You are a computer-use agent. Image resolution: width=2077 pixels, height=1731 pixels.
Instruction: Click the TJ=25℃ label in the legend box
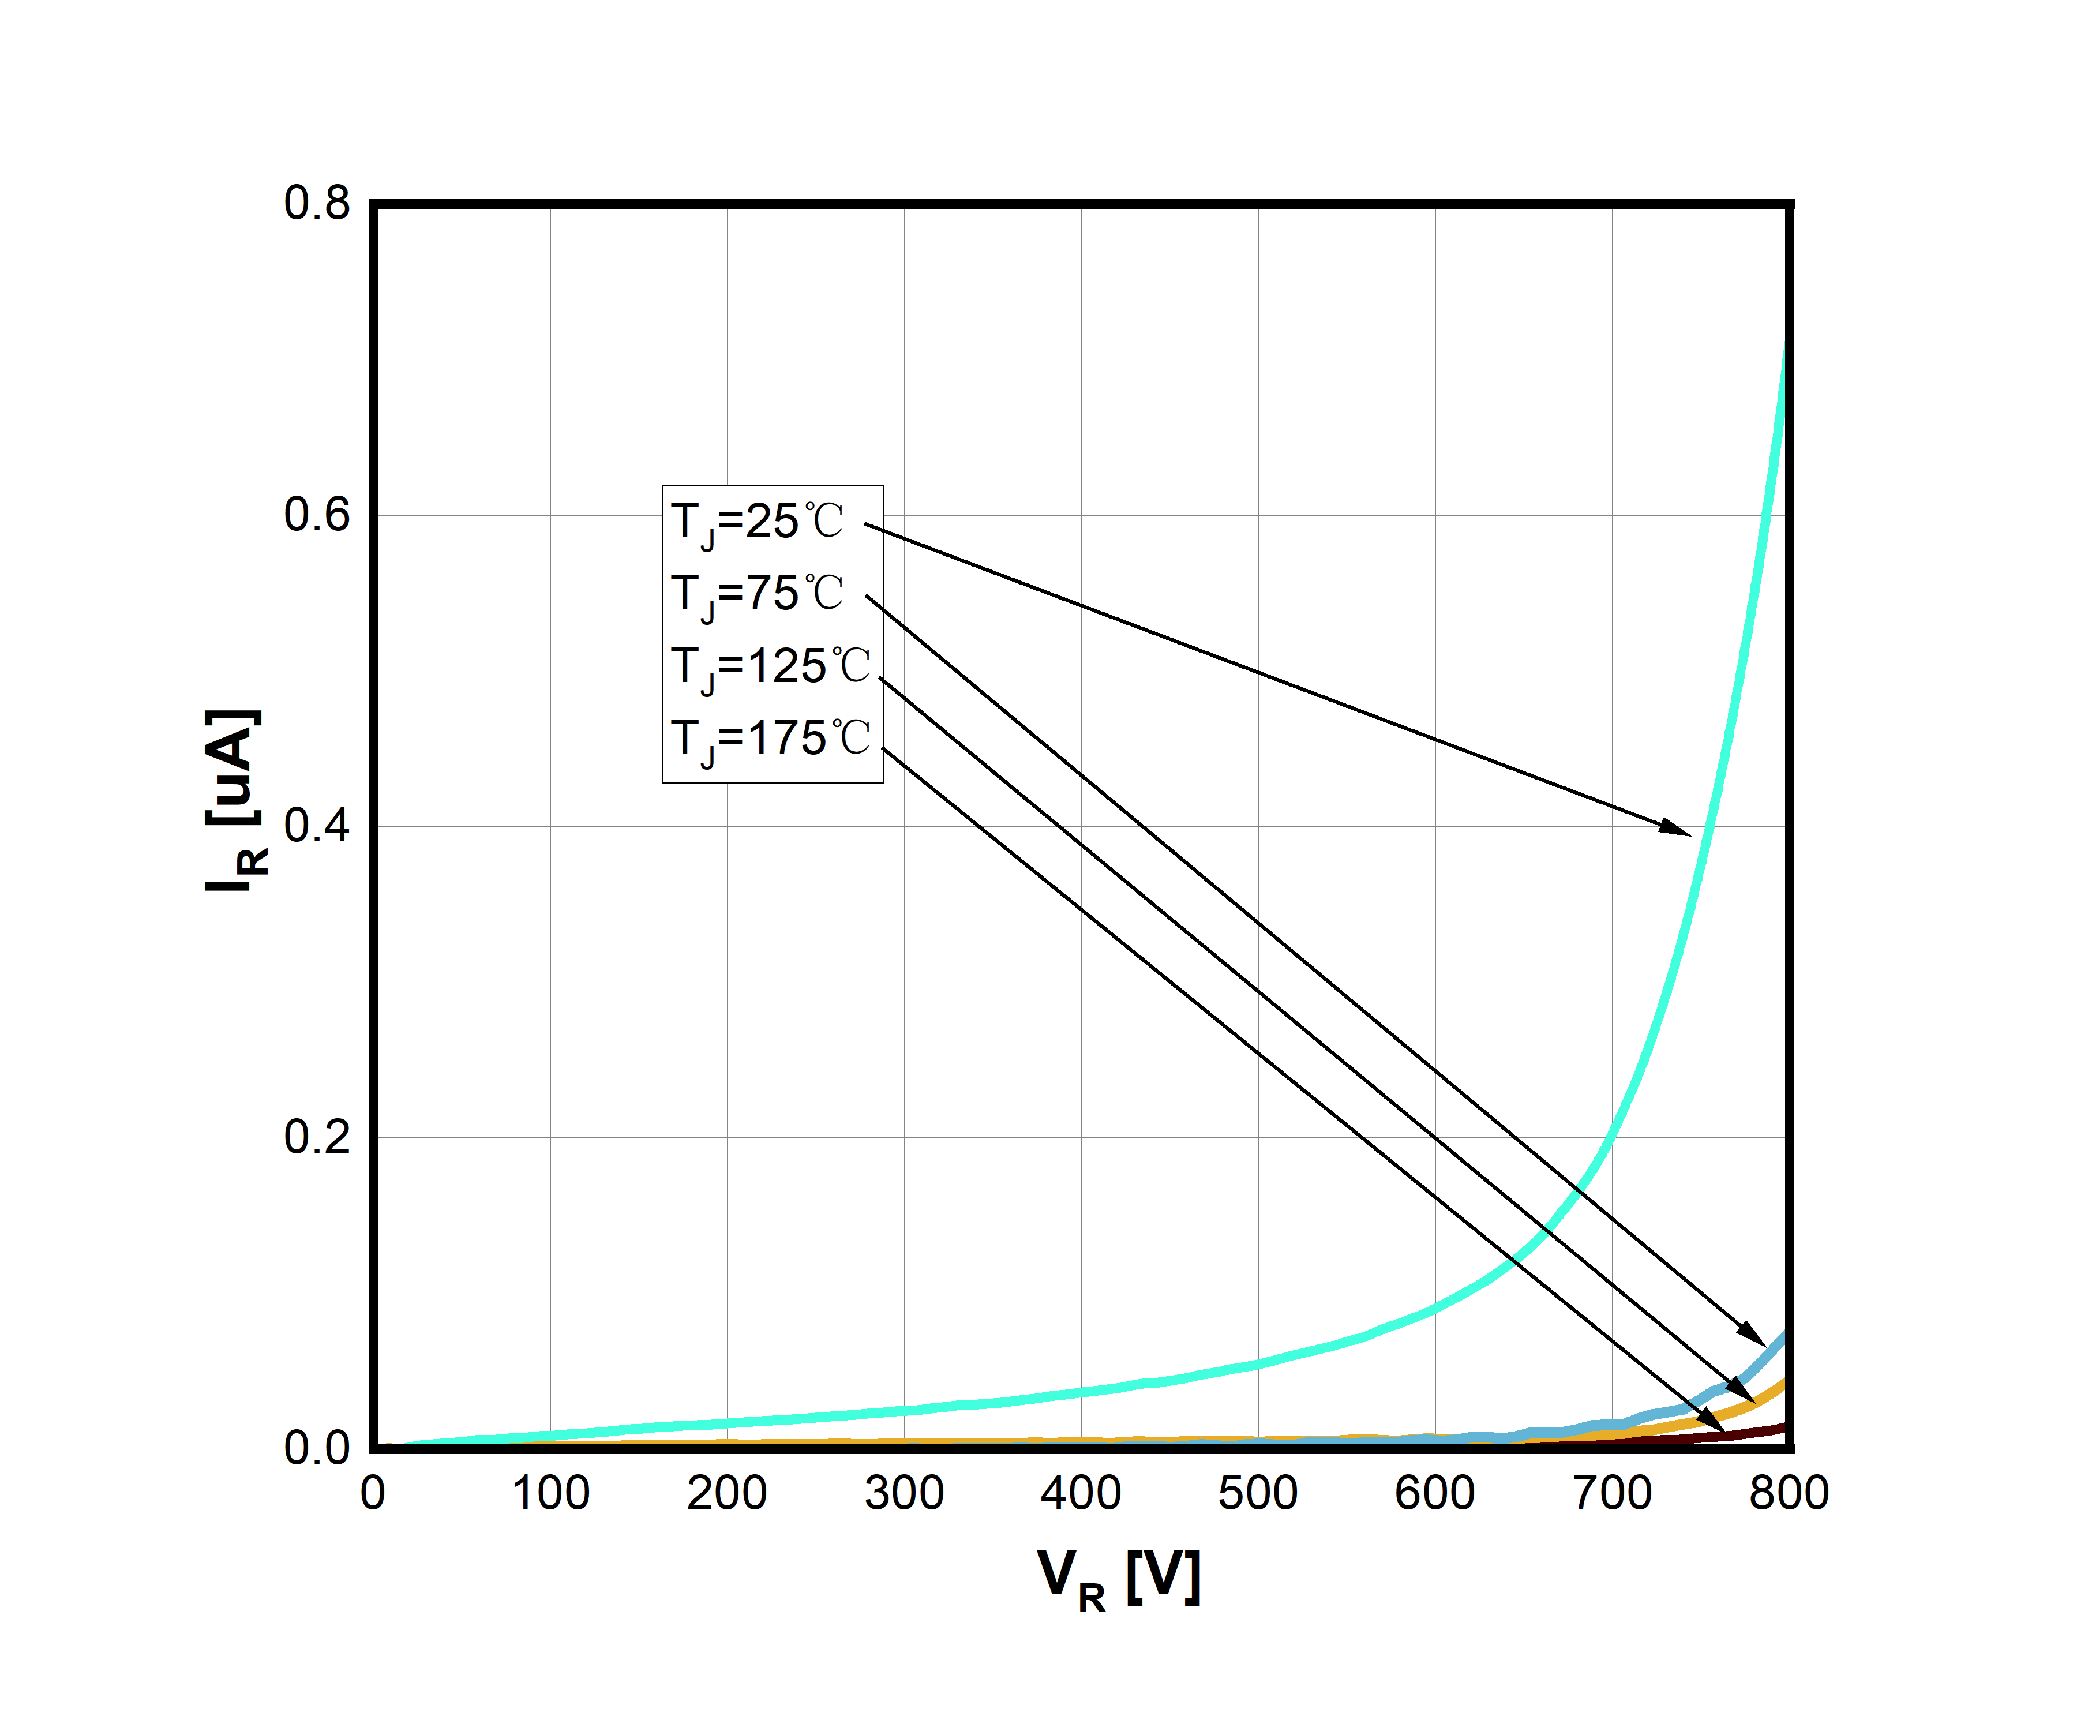click(756, 521)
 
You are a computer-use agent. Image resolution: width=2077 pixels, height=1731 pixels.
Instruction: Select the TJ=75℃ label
click(756, 594)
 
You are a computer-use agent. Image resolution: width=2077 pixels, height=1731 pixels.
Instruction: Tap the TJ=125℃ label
click(770, 666)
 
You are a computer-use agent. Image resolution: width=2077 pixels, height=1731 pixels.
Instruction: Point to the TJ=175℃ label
click(770, 738)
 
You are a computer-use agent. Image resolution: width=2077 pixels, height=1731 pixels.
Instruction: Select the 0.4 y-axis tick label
click(317, 825)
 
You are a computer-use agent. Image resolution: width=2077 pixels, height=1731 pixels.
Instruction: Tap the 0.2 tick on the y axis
click(317, 1137)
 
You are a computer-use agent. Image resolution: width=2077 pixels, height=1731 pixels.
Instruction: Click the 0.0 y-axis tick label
click(317, 1448)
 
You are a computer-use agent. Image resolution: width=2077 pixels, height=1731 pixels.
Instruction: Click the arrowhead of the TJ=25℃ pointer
click(1678, 829)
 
